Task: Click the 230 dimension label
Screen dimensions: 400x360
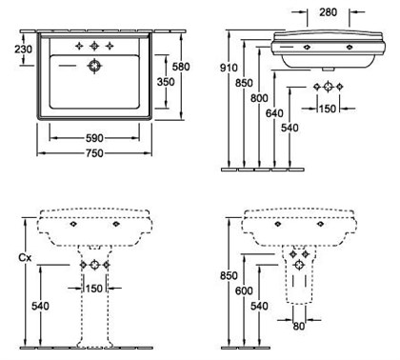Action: point(23,50)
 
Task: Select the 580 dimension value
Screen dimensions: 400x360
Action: point(181,67)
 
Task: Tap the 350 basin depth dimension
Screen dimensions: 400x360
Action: point(166,82)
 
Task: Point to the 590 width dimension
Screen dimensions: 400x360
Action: point(94,138)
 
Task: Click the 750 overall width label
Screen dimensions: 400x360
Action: point(94,153)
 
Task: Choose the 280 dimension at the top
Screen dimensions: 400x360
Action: point(329,12)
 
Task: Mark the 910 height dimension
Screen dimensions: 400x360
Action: point(229,68)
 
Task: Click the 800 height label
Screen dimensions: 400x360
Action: point(259,98)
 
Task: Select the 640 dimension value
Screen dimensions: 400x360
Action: point(274,113)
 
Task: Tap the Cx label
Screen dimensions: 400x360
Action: point(25,258)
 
